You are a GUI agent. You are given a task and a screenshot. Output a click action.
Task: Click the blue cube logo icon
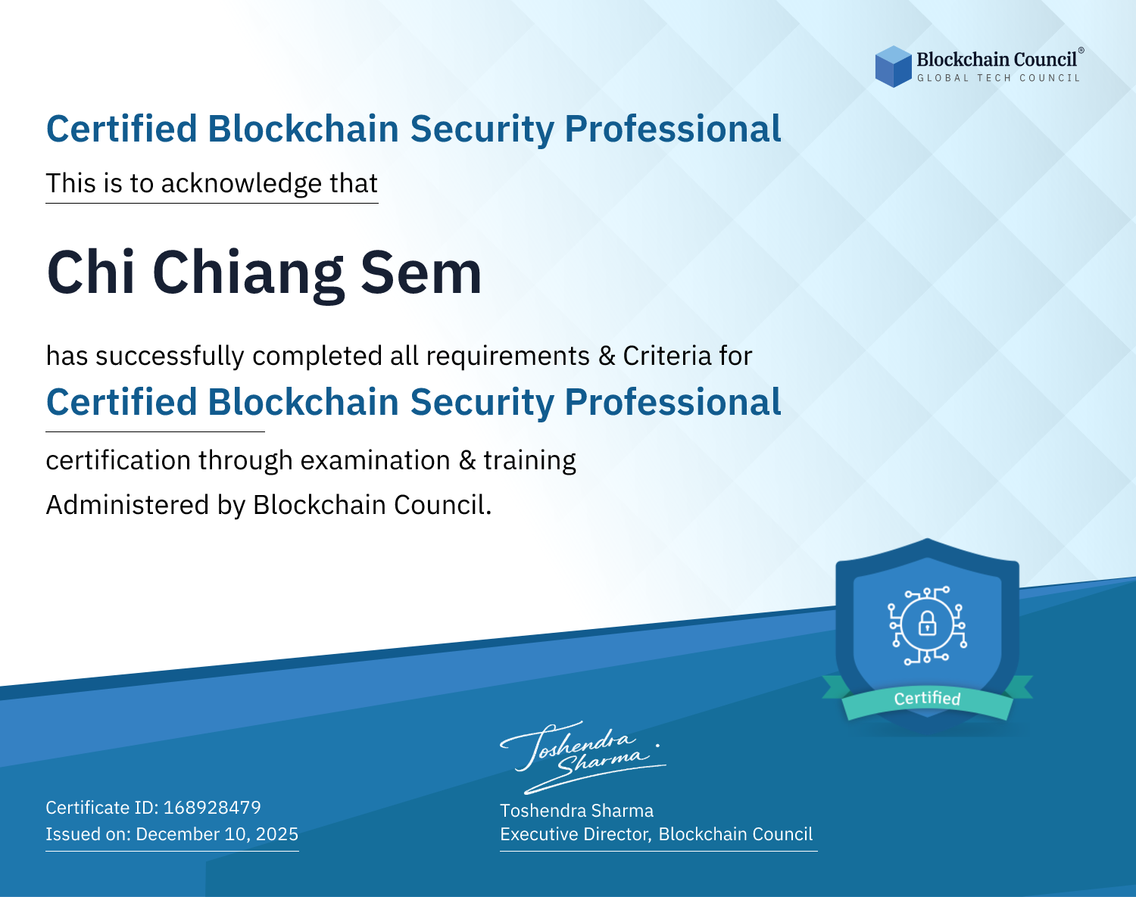pos(893,67)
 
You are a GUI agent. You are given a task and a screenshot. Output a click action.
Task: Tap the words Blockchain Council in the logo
pos(997,60)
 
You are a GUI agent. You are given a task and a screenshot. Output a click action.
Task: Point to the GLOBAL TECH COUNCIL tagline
pos(999,78)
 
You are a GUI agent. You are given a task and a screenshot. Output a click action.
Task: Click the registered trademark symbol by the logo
pos(1081,51)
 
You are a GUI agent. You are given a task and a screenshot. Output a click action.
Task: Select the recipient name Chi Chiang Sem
pos(264,273)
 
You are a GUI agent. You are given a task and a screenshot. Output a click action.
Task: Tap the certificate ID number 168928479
pos(212,807)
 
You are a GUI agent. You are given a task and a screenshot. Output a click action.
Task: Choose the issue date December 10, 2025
pos(217,833)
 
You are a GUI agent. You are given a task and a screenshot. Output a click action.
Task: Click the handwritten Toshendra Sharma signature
pos(583,757)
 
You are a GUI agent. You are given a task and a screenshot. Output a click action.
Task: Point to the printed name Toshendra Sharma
pos(576,811)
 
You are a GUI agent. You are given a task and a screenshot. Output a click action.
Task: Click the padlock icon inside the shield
pos(928,623)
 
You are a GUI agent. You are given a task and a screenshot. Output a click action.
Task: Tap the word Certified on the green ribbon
pos(927,699)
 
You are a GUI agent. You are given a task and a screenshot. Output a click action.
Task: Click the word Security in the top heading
pos(482,129)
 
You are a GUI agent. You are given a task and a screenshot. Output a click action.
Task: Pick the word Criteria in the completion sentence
pos(666,356)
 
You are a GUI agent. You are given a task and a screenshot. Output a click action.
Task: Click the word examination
pos(376,460)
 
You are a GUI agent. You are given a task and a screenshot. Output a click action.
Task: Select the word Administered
pos(127,504)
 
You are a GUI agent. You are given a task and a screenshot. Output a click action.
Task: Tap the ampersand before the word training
pos(467,460)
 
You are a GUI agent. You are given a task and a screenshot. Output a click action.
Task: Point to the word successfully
pos(170,357)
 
